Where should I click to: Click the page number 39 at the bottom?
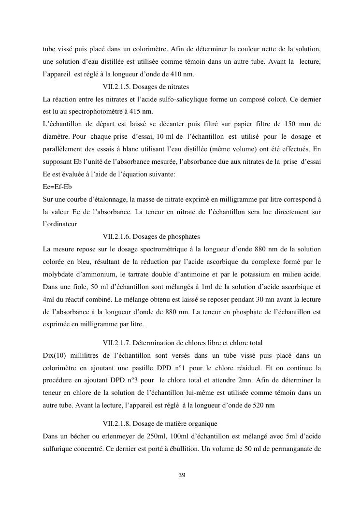pyautogui.click(x=182, y=475)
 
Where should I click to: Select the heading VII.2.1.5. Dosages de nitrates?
pyautogui.click(x=146, y=87)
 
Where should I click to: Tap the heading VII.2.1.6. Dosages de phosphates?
pyautogui.click(x=151, y=236)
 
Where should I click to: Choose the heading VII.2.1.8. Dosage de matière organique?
pyautogui.click(x=160, y=423)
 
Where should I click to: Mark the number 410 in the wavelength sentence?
pyautogui.click(x=177, y=74)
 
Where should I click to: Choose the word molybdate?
pyautogui.click(x=60, y=275)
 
